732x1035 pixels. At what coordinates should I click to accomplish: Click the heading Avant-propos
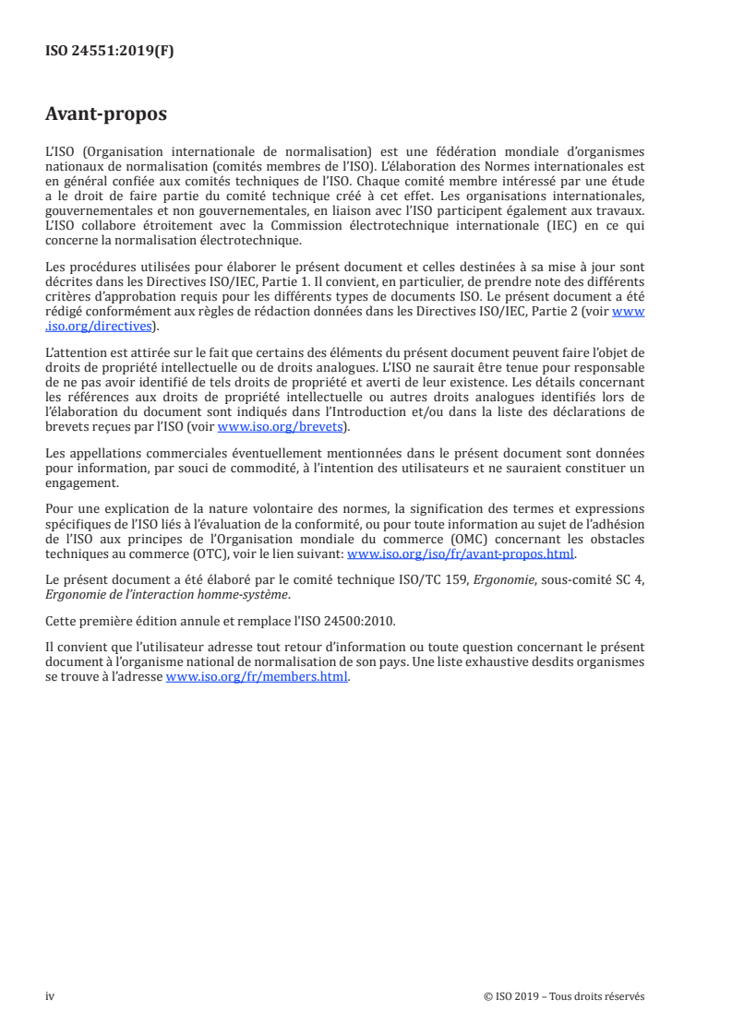(x=106, y=115)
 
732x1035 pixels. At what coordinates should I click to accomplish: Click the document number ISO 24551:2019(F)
(x=110, y=52)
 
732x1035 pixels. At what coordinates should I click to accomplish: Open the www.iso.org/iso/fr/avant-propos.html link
(x=460, y=554)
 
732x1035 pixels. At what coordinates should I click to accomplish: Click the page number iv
(x=51, y=995)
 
